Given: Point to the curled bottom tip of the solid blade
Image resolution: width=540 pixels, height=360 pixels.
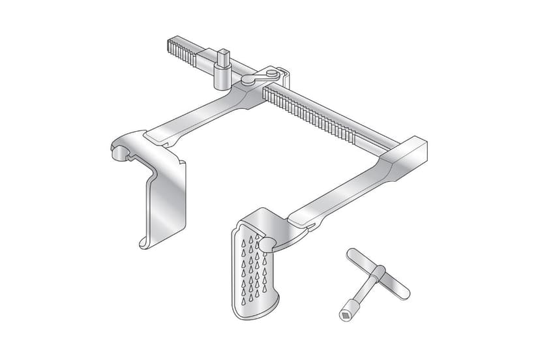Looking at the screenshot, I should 145,244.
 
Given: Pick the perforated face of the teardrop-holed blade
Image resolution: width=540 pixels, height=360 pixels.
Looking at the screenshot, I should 254,271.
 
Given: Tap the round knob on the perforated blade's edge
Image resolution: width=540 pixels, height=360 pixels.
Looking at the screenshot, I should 266,244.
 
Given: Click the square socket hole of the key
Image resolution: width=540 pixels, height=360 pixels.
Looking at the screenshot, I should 344,316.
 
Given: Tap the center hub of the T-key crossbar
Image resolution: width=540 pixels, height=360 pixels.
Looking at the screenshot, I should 378,275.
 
